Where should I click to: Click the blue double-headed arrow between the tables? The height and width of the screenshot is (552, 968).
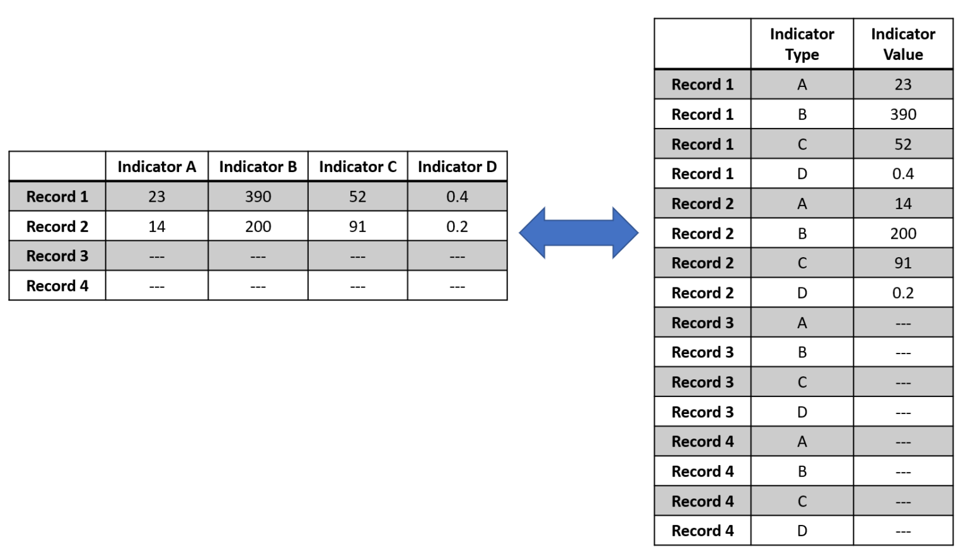tap(579, 233)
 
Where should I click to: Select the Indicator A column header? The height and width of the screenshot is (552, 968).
tap(157, 167)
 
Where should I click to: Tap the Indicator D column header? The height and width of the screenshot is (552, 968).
tap(457, 167)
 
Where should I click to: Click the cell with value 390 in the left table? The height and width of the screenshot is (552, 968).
tap(258, 197)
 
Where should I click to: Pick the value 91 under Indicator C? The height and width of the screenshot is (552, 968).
tap(357, 227)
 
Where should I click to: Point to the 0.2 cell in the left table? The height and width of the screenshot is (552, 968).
tap(457, 227)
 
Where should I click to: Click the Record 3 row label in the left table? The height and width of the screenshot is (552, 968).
tap(57, 256)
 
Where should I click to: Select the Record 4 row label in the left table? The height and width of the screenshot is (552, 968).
tap(57, 286)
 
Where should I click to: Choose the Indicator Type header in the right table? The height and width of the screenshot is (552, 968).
tap(802, 44)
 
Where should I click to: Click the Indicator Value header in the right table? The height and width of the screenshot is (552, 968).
tap(903, 44)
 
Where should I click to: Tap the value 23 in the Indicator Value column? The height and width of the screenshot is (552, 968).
tap(903, 84)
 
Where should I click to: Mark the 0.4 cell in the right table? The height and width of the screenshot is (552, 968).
tap(903, 174)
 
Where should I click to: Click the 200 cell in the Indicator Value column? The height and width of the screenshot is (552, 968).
tap(903, 234)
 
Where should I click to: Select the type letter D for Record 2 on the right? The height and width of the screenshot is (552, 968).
tap(802, 293)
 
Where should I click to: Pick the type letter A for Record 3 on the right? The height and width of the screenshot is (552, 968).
tap(802, 323)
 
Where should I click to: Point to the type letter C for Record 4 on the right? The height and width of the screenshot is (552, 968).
tap(802, 502)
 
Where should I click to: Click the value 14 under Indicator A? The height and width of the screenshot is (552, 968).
tap(157, 227)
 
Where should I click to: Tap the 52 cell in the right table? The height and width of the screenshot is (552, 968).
tap(903, 144)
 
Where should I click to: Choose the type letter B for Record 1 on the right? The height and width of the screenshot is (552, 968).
tap(802, 115)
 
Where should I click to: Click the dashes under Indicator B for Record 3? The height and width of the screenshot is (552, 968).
tap(258, 257)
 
